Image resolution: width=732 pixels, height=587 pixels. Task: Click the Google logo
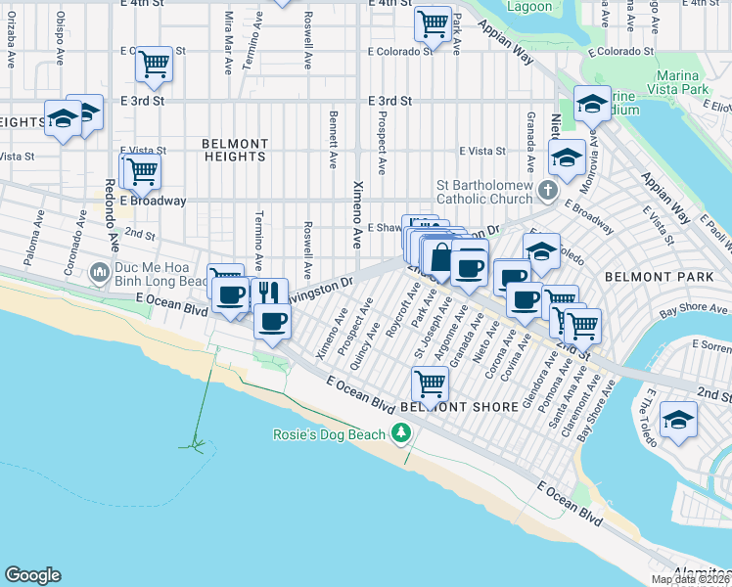coord(32,575)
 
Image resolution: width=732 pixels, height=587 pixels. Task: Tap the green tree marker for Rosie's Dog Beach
coord(399,432)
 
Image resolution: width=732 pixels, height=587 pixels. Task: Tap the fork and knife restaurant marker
coord(269,292)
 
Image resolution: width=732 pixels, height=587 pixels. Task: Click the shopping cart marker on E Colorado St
coord(154,65)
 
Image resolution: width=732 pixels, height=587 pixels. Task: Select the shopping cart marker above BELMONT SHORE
coord(429,381)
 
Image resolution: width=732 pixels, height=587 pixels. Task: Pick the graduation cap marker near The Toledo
coord(678,418)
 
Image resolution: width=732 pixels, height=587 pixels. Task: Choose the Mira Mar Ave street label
coord(228,44)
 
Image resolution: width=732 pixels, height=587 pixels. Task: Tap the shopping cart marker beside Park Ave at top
coord(432,23)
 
